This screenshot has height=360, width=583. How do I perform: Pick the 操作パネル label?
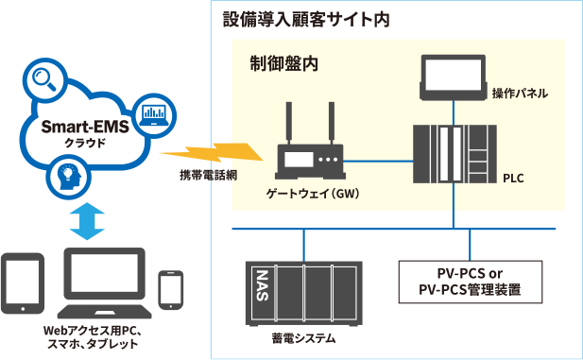point(520,94)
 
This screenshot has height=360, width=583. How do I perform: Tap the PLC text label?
point(514,178)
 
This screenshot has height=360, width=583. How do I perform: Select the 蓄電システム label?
point(303,339)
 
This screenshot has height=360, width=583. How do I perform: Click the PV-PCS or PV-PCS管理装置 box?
point(470,282)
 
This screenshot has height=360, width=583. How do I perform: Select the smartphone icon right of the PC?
point(171,290)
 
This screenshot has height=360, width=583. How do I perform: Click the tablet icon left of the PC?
point(20,283)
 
